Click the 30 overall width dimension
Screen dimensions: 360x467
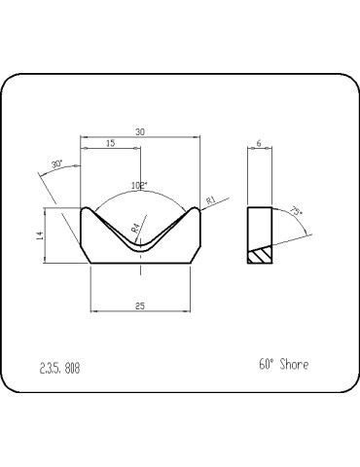(140, 132)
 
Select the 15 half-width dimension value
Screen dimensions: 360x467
(111, 143)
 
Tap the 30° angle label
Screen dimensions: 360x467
(56, 164)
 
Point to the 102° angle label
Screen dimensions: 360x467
(139, 186)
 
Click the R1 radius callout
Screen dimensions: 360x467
(211, 199)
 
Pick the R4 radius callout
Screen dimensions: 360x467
(135, 228)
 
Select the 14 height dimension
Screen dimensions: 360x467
(39, 235)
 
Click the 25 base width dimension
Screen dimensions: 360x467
(140, 305)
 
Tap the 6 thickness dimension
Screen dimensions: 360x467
(259, 143)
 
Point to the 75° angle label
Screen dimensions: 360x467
(296, 211)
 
